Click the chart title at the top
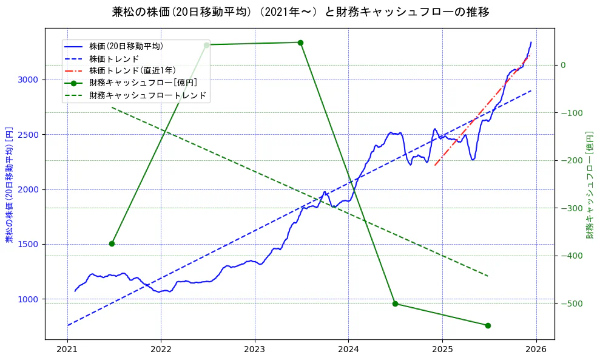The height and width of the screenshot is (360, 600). coord(300,12)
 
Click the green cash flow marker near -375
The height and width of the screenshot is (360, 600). coord(112,244)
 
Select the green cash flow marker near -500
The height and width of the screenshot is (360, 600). coord(395,304)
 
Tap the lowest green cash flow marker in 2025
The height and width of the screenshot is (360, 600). coord(488,325)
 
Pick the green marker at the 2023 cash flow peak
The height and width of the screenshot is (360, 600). coord(300,42)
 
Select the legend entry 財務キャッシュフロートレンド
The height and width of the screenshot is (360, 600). coord(147,95)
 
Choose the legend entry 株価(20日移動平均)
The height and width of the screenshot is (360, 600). coord(126,46)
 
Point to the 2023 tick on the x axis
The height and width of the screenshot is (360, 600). coord(255,349)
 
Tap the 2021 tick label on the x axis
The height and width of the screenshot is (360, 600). coord(67,349)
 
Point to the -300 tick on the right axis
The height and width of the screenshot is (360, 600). coord(570,208)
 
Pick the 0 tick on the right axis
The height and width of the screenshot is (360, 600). coord(563,65)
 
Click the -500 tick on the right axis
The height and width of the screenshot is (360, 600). coord(570,304)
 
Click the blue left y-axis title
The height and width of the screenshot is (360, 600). coord(9,183)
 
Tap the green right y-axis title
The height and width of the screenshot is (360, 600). coord(589,183)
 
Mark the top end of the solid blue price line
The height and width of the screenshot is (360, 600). coord(531,42)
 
